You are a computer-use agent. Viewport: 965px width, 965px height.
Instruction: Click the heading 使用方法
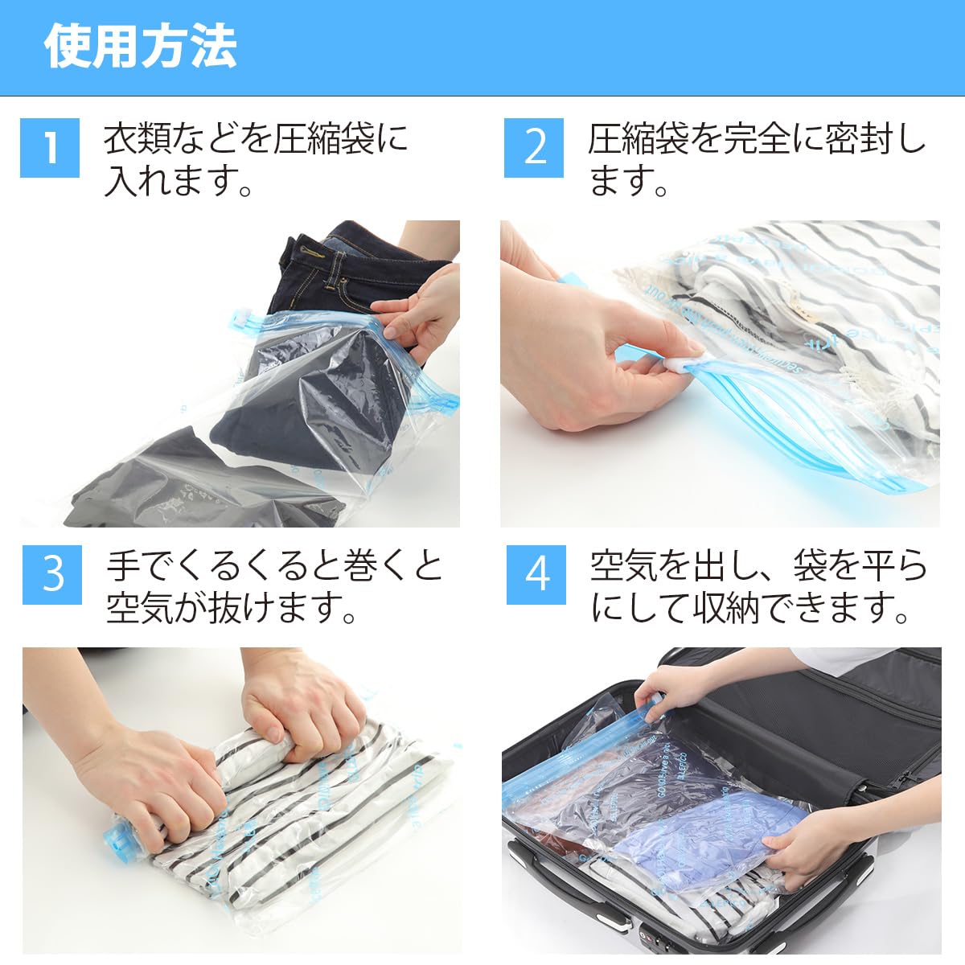[140, 47]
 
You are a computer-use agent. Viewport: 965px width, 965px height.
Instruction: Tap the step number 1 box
[50, 147]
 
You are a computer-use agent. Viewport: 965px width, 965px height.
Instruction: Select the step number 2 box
[535, 147]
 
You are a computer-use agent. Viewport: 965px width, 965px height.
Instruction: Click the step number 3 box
[52, 574]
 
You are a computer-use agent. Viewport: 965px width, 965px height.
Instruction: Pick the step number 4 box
[537, 574]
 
